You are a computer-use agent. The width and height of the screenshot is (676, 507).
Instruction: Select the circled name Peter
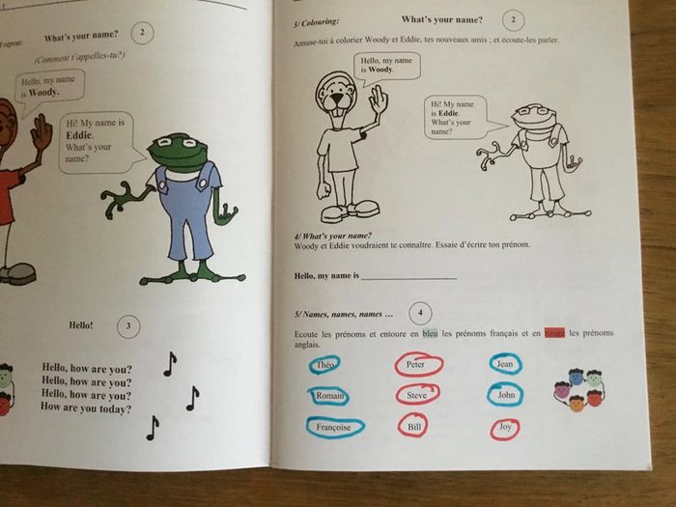[x=417, y=365]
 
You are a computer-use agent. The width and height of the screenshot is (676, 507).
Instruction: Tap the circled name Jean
[x=504, y=364]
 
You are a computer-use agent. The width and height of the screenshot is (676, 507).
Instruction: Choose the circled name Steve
[x=417, y=394]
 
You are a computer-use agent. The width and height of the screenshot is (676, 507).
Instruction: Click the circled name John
[x=505, y=395]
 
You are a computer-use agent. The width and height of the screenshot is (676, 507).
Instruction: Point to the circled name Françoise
[x=335, y=426]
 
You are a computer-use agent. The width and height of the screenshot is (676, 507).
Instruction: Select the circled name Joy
[x=504, y=428]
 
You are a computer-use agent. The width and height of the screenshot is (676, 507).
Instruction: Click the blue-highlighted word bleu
[x=431, y=333]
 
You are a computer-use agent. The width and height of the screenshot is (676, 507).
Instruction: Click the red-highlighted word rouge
[x=554, y=333]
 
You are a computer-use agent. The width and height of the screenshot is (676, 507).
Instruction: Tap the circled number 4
[x=418, y=312]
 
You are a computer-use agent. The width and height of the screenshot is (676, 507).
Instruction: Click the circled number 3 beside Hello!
[x=128, y=324]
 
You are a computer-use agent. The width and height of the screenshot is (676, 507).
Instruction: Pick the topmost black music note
[x=170, y=363]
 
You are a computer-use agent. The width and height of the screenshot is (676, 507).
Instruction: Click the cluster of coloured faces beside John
[x=577, y=388]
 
